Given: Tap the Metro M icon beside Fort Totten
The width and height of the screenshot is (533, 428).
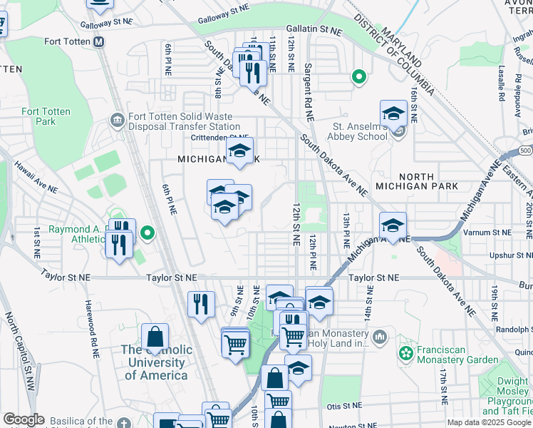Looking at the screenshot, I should [x=99, y=41].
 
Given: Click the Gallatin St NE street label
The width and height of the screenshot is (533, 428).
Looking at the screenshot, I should [x=314, y=31].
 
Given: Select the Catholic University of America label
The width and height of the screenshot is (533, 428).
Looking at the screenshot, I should [x=156, y=362].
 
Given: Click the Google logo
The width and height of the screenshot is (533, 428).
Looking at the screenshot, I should [x=24, y=419].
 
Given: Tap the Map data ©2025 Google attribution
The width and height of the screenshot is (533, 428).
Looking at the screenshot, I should [x=488, y=422].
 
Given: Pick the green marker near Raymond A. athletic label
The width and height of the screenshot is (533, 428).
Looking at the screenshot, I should [x=148, y=233].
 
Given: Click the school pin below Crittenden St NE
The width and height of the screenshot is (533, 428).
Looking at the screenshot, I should [x=240, y=151].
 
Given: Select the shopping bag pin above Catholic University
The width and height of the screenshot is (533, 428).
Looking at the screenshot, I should [x=155, y=337].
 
